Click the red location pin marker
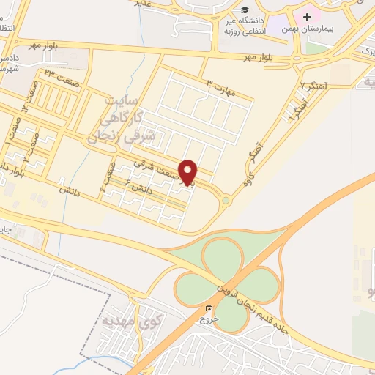point(189,172)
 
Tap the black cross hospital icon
point(306,16)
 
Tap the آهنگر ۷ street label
point(313,86)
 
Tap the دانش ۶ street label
point(142,187)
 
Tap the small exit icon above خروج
point(211,308)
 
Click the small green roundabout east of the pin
point(226,200)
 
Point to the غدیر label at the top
point(149,3)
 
